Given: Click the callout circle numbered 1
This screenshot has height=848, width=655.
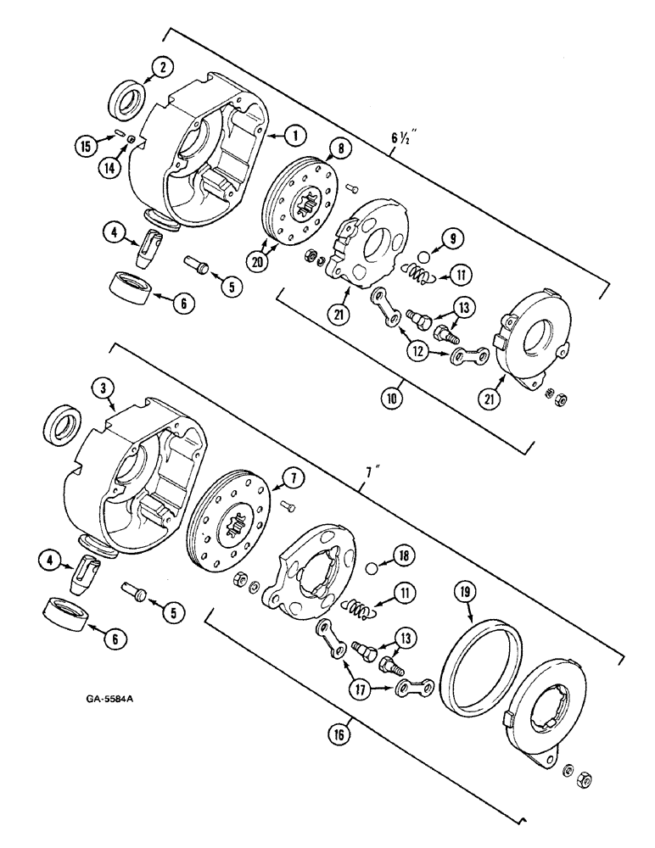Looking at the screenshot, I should pyautogui.click(x=294, y=134).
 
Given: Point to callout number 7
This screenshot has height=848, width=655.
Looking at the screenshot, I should pyautogui.click(x=289, y=480).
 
